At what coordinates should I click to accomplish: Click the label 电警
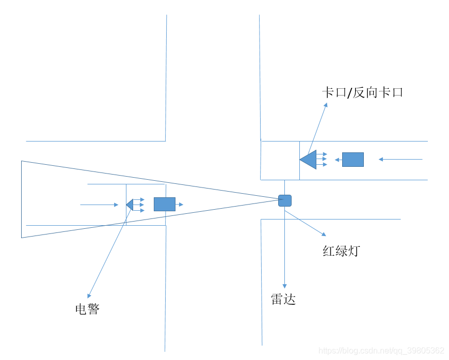87,309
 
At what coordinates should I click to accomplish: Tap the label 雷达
283,300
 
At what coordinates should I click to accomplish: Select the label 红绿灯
341,252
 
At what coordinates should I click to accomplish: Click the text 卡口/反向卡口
362,93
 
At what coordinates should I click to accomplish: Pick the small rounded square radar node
285,200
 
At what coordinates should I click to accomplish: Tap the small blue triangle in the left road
130,205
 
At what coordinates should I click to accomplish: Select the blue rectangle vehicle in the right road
353,160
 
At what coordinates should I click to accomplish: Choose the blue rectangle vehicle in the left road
165,205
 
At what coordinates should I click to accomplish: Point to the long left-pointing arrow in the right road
400,159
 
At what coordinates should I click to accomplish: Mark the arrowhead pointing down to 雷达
284,286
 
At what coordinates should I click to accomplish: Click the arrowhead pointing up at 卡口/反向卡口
326,105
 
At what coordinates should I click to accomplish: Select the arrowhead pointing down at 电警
89,296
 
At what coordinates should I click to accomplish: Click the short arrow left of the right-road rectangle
338,160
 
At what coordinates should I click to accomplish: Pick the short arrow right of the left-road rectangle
179,205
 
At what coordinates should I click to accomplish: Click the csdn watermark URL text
381,351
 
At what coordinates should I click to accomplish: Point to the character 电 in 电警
81,309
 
